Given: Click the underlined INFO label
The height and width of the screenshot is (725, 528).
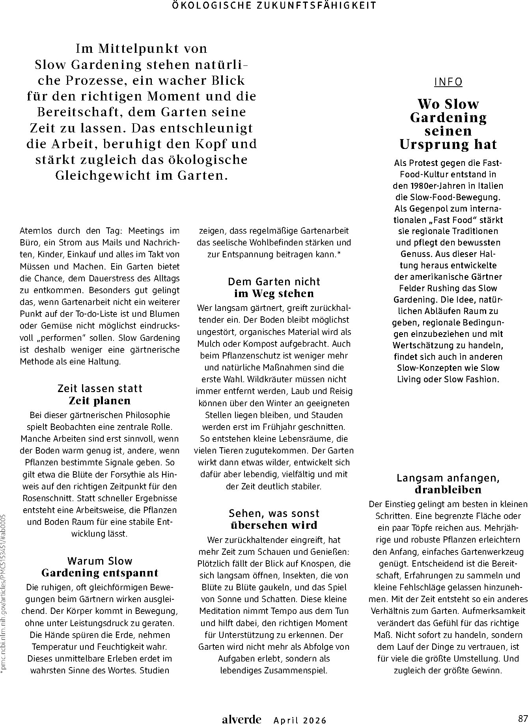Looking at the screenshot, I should point(448,82).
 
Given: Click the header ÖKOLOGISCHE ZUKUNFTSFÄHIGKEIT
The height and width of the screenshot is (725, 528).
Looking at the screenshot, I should point(274,6).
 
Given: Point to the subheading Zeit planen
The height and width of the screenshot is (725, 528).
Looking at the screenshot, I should point(99,401).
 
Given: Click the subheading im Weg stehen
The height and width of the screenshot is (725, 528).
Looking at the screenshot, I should point(274,294).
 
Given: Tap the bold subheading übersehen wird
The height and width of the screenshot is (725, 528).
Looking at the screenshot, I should point(274,525).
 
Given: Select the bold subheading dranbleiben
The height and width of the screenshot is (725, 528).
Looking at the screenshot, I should point(448,490).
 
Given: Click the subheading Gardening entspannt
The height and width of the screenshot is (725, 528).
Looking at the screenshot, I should point(100,573).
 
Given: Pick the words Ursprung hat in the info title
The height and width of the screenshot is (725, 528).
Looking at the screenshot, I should point(448,145).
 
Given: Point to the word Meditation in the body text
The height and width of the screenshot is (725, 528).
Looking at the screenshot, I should point(219,611).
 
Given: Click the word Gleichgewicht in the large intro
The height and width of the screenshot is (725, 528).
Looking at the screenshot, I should point(103,175).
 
